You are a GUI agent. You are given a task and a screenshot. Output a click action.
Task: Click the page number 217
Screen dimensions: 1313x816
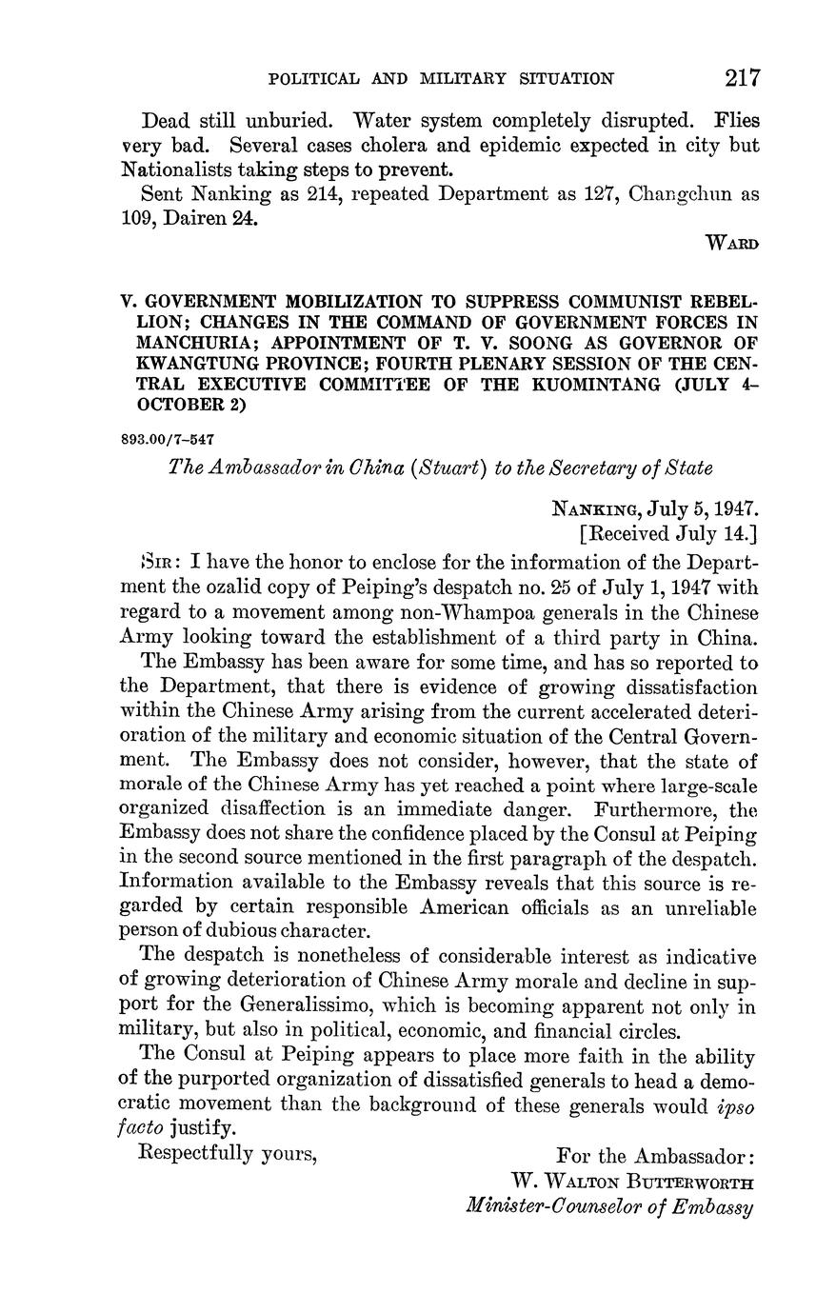[x=742, y=77]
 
